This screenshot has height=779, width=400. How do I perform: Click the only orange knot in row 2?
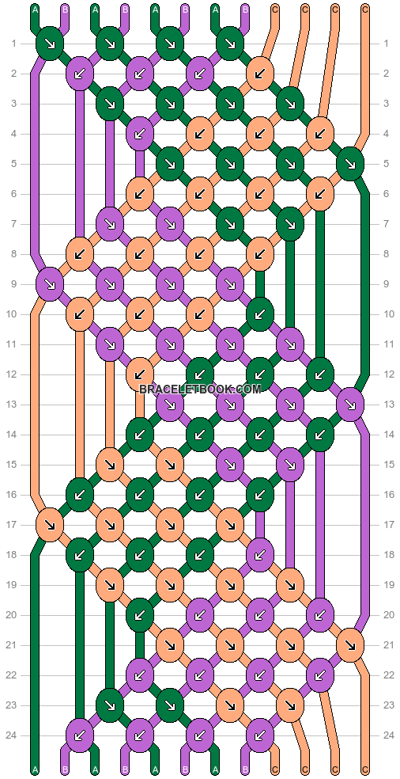(x=260, y=74)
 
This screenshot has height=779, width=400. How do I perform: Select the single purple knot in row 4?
(x=140, y=134)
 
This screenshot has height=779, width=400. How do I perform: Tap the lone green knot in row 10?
(x=260, y=314)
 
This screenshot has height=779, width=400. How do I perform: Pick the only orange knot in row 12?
(x=140, y=374)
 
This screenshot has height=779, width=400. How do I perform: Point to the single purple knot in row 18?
(x=260, y=555)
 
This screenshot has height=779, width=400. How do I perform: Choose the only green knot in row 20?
(x=140, y=615)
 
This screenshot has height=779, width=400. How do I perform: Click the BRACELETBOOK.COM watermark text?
(x=200, y=389)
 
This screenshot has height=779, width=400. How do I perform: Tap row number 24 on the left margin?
(x=14, y=735)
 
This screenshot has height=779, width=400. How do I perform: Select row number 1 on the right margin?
(x=386, y=44)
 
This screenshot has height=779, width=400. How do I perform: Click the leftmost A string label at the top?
(x=35, y=9)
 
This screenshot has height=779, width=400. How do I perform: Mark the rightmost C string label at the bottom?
(x=365, y=770)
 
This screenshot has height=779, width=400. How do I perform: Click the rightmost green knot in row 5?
(x=350, y=164)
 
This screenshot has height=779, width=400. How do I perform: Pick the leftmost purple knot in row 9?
(x=50, y=284)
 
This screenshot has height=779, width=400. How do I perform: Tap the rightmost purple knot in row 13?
(x=350, y=405)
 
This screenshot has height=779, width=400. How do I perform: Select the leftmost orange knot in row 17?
(x=50, y=525)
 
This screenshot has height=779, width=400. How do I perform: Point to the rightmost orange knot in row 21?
(x=350, y=645)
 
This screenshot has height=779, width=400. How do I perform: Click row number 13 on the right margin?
(x=386, y=405)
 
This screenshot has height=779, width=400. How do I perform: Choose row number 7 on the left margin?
(x=14, y=224)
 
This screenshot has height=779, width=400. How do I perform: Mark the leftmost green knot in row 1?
(x=50, y=44)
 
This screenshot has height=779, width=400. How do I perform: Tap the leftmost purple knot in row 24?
(x=80, y=735)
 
